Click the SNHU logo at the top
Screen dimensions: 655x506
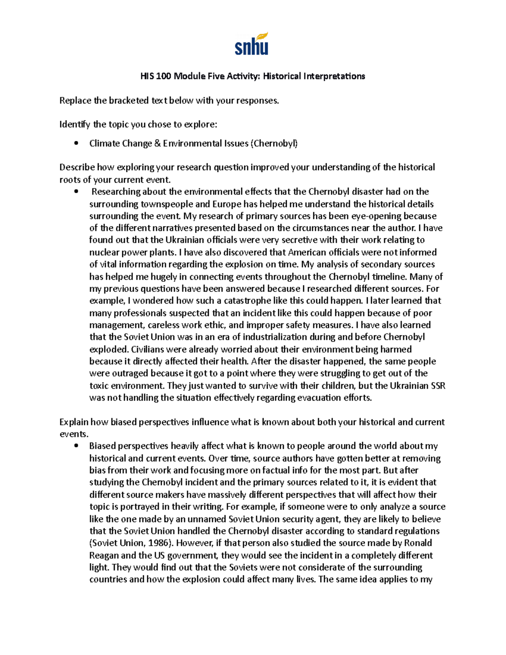point(252,44)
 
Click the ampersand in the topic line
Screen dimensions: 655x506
point(157,143)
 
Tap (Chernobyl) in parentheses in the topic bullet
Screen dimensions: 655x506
point(274,143)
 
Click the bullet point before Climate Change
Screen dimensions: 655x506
point(76,143)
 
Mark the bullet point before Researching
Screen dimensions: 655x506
point(76,192)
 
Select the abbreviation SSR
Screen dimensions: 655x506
point(437,385)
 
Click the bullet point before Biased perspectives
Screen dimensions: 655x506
point(76,446)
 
